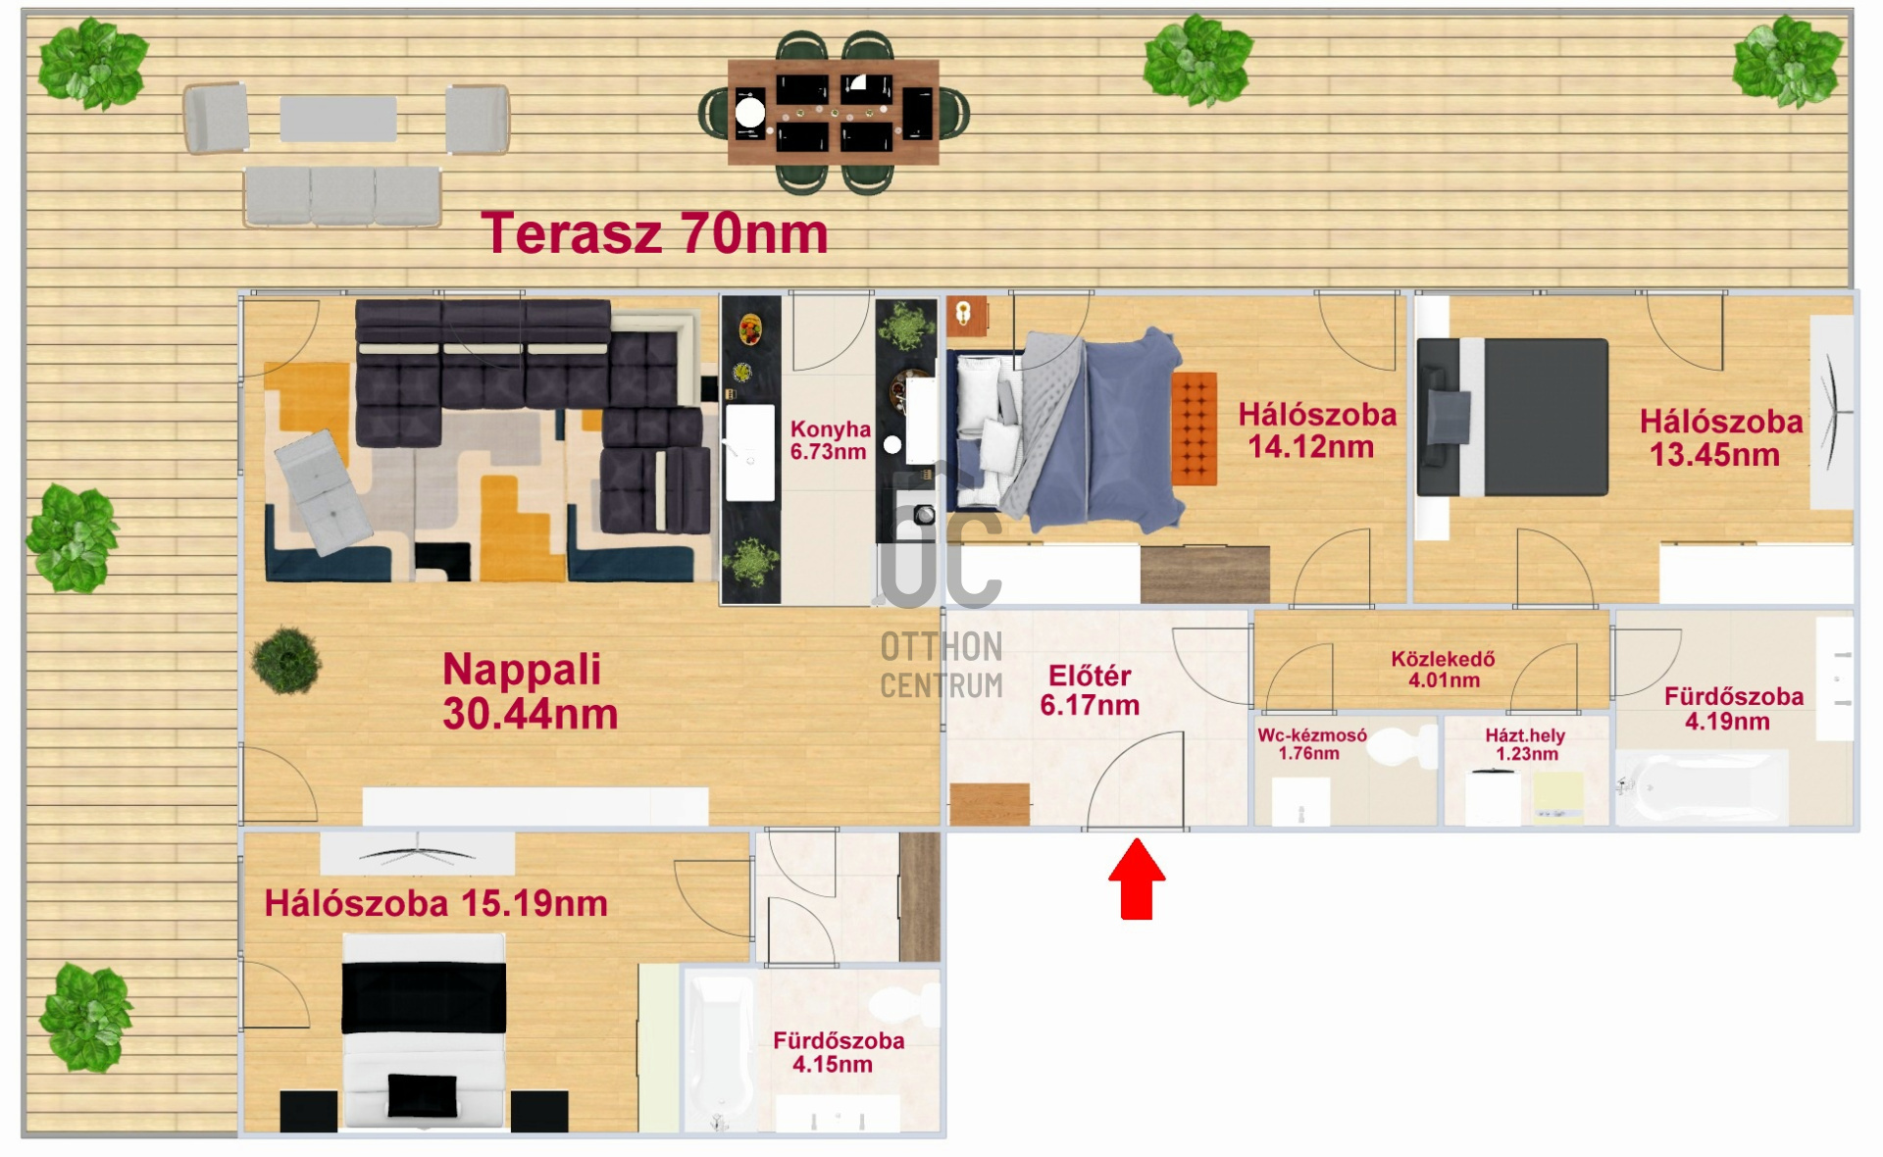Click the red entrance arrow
coord(1137,879)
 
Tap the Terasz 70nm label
coord(654,233)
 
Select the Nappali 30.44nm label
coord(530,691)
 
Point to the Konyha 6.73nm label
coord(830,440)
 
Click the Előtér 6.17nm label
coord(1090,690)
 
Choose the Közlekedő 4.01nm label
coord(1443,670)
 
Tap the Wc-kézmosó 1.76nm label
coord(1311,744)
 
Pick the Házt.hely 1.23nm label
coord(1525,744)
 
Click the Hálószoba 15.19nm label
coord(435,903)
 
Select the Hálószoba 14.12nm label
coord(1316,430)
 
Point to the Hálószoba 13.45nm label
coord(1720,437)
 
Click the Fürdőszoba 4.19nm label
coord(1733,709)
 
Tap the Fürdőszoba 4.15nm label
coord(838,1052)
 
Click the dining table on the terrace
coord(834,112)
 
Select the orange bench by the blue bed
coord(1194,428)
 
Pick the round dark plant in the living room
coord(286,661)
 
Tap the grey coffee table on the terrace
coord(338,119)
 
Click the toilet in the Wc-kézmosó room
coord(1401,748)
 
